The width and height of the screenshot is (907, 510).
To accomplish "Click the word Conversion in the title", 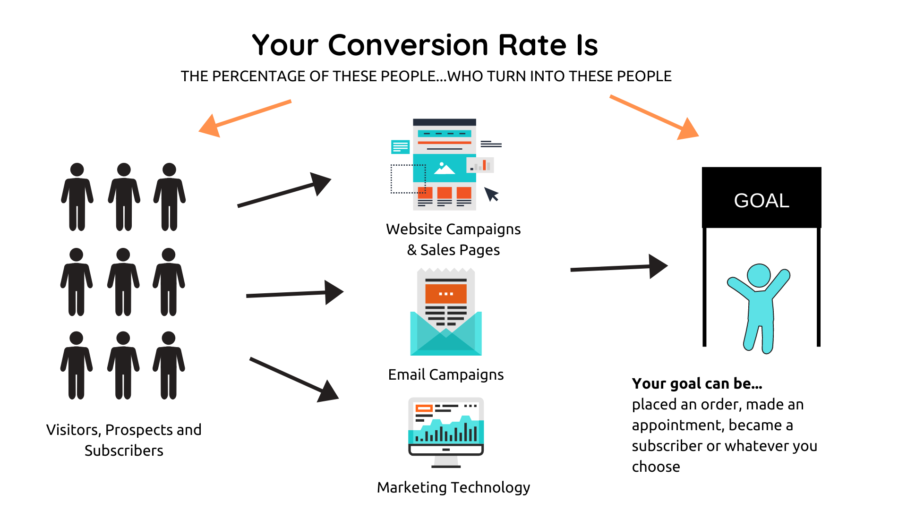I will click(x=408, y=45).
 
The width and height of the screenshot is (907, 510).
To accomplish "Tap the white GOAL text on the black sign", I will click(x=762, y=201).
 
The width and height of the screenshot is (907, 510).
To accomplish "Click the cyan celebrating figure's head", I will click(x=759, y=275).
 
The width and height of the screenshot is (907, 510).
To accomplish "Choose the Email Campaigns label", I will click(x=445, y=374).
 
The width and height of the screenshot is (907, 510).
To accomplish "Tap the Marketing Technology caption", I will click(x=453, y=487).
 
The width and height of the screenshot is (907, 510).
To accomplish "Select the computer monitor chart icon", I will click(x=446, y=432).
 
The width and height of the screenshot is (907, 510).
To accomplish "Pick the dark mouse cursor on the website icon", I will click(x=491, y=194).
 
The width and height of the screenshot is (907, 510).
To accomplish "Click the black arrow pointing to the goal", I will click(x=618, y=268).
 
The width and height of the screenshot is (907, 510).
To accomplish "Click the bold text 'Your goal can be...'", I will click(x=697, y=383).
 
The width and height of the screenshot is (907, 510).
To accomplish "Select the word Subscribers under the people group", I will click(x=124, y=450).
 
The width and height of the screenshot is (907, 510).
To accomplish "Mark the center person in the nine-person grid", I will click(x=123, y=282).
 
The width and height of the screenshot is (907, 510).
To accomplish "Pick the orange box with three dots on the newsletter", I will click(x=445, y=294).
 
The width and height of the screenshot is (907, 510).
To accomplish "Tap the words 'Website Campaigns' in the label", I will click(x=453, y=229).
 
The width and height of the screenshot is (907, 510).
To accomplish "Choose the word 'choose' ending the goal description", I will click(x=656, y=467).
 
